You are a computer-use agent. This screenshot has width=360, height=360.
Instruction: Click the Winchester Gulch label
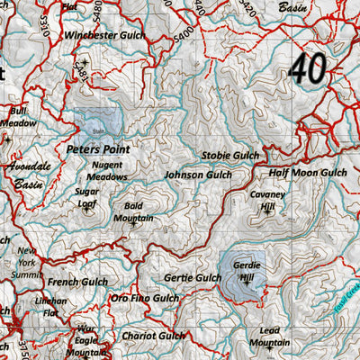click(x=106, y=35)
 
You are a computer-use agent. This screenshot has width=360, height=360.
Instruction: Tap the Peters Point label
click(x=98, y=148)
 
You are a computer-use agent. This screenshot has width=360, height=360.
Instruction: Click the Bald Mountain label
click(x=132, y=211)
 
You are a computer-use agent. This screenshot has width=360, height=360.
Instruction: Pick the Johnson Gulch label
click(x=197, y=175)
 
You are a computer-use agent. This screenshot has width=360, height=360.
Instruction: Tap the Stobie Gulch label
click(x=229, y=156)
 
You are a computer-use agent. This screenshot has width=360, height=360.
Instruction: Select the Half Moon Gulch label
click(x=307, y=172)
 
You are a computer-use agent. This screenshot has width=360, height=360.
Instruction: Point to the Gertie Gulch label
click(x=192, y=278)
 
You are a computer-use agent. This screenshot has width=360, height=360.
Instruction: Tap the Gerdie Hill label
click(x=245, y=271)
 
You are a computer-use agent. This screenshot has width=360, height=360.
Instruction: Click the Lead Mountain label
click(x=268, y=337)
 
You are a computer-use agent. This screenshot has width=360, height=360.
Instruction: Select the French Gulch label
click(x=76, y=282)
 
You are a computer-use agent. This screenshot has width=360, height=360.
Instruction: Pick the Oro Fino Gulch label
click(x=144, y=298)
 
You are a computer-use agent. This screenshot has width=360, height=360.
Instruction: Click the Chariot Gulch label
click(x=153, y=336)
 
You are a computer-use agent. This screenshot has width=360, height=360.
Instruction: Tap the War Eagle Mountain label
click(x=85, y=341)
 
